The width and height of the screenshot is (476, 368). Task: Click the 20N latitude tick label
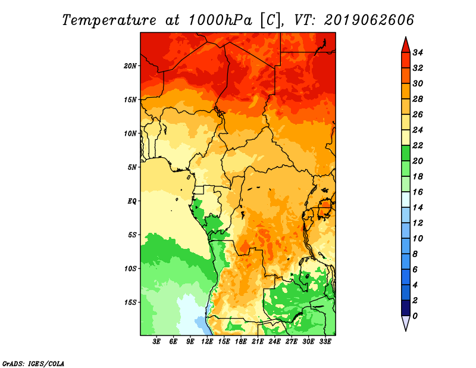coord(130,66)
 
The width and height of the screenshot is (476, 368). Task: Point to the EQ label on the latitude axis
coord(131,201)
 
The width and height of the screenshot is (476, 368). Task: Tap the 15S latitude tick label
coord(130,302)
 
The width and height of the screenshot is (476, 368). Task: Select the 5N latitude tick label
coord(132,167)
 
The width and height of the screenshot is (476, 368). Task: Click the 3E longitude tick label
coord(156,342)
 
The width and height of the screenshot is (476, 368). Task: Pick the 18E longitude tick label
coord(241,342)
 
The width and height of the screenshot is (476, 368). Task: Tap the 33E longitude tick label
coord(325,342)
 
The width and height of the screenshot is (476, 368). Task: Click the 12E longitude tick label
coord(207,342)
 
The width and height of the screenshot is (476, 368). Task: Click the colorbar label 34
coord(418,52)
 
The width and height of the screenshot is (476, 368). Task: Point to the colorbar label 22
coord(418,145)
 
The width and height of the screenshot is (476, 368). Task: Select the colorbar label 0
coord(415,316)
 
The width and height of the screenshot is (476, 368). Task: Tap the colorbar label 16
coord(418,192)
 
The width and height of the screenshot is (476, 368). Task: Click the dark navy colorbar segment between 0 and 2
coord(406,308)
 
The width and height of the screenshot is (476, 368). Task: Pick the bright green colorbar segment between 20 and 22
coord(406,153)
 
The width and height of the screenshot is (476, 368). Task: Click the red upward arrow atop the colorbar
coord(406,45)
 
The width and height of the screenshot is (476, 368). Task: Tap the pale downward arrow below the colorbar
coord(406,323)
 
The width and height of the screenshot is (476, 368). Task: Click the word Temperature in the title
coord(109,21)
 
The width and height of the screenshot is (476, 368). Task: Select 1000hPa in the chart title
coord(220,20)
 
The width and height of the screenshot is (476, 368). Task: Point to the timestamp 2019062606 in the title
coord(369,20)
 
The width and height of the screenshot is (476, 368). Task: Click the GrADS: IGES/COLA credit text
coord(33,364)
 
